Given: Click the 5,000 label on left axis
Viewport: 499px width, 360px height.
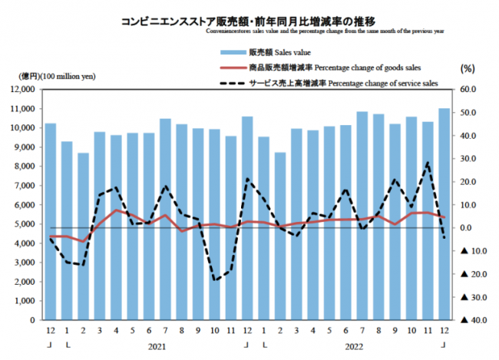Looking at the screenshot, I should pyautogui.click(x=28, y=224).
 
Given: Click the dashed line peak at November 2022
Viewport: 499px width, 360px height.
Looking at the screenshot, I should pyautogui.click(x=428, y=163).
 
